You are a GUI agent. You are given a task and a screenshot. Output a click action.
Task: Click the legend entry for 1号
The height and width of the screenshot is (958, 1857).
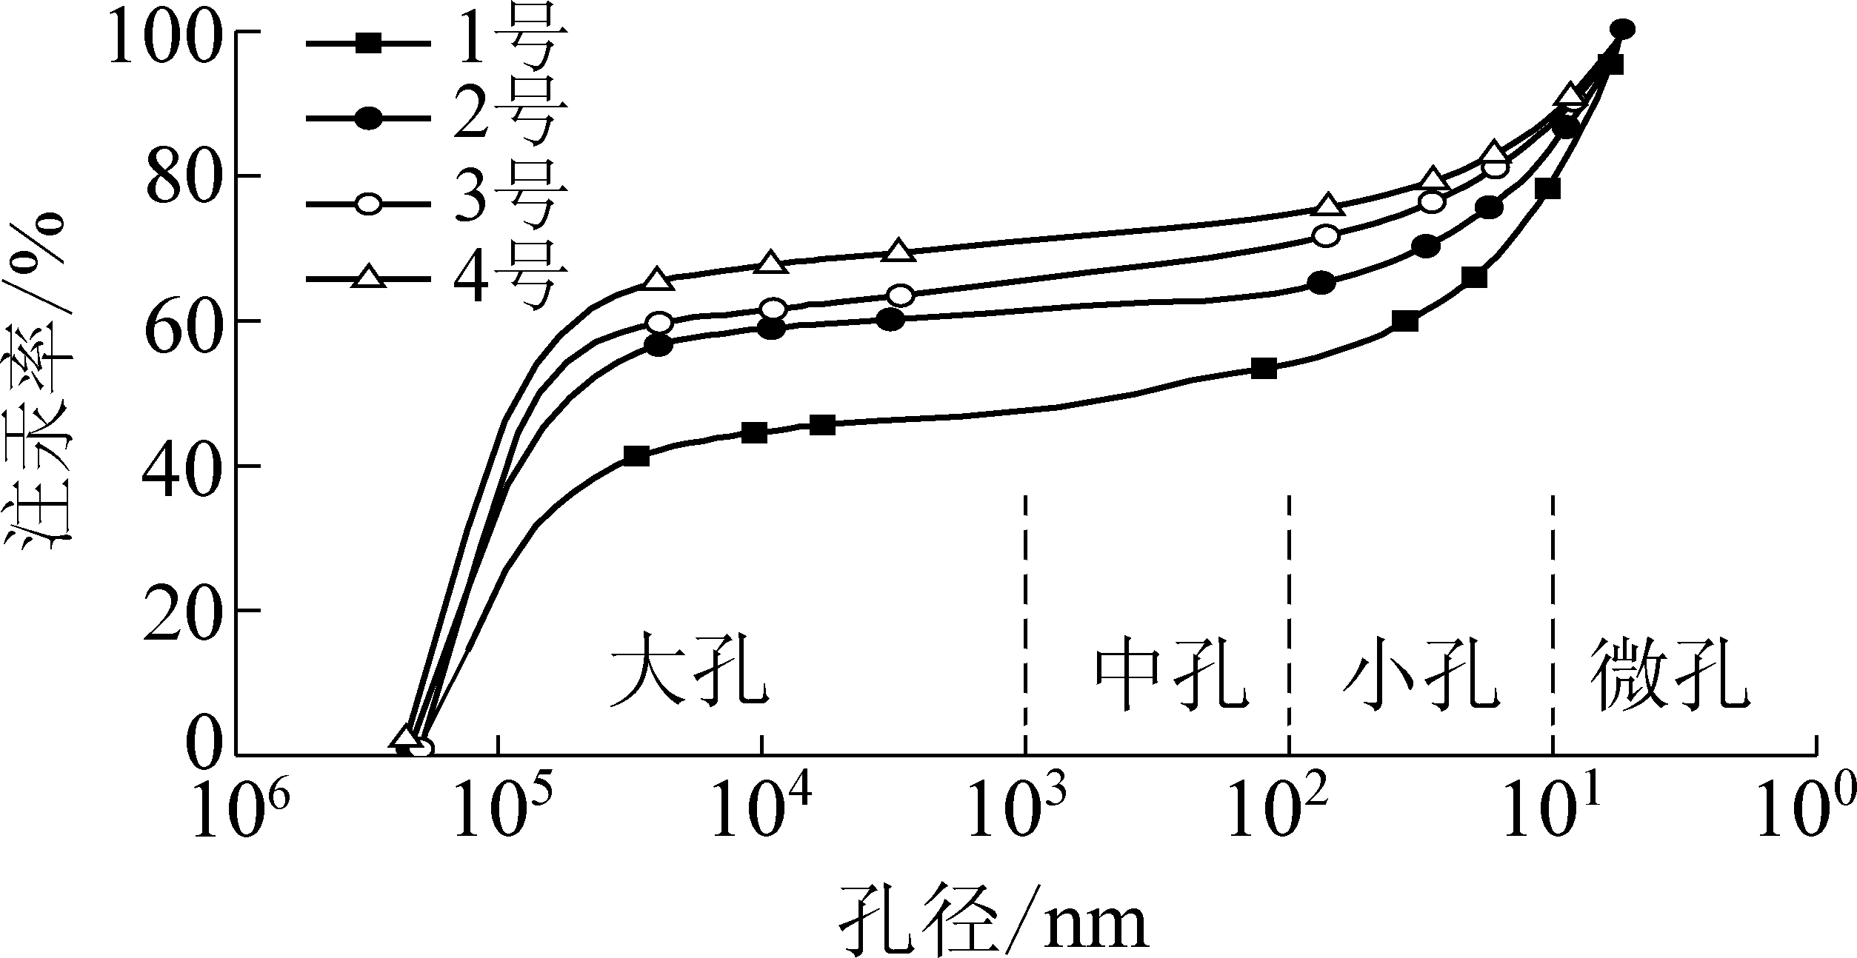click(x=437, y=44)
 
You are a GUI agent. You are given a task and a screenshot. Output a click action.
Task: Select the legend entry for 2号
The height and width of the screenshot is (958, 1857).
click(x=437, y=118)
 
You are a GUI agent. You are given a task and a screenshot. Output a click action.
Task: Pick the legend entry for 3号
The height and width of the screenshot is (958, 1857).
click(x=437, y=201)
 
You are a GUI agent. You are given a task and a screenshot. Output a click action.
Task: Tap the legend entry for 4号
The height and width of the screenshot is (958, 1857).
click(x=437, y=278)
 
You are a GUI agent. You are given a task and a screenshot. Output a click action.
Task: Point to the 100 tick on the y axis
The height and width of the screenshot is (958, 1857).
click(x=164, y=33)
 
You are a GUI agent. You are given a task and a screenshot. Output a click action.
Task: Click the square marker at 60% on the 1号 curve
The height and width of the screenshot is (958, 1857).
click(x=1404, y=322)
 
